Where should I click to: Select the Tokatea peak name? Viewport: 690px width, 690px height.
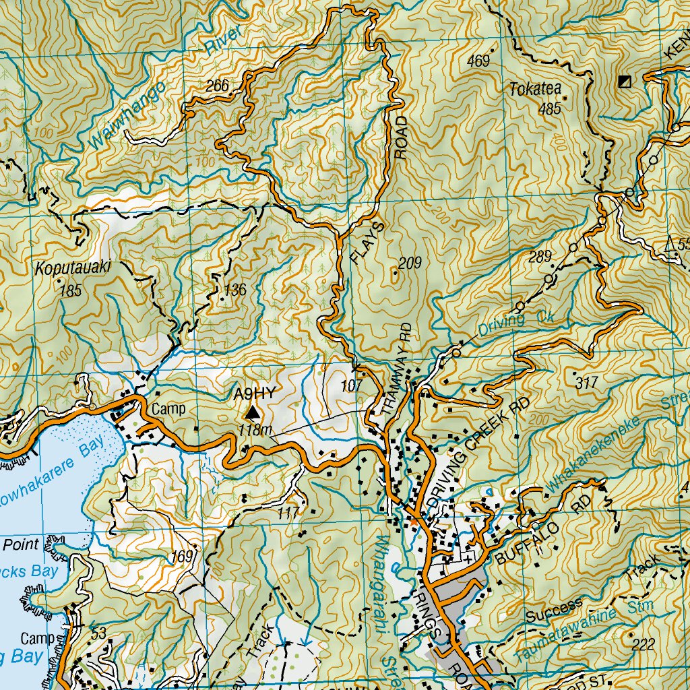(x=535, y=90)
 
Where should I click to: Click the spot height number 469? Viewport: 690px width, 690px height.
(x=478, y=61)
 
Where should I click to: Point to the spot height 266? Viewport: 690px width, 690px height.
(x=218, y=86)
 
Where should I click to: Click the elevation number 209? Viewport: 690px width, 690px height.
(x=409, y=263)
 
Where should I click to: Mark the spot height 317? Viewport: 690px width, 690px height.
(x=587, y=383)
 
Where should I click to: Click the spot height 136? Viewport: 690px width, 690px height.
(x=235, y=290)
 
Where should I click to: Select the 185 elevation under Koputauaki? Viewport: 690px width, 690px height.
(x=70, y=292)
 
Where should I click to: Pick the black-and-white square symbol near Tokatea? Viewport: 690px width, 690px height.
(x=625, y=82)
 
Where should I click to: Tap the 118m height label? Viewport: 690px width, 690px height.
(x=255, y=431)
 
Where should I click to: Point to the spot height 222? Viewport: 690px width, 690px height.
(x=644, y=645)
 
